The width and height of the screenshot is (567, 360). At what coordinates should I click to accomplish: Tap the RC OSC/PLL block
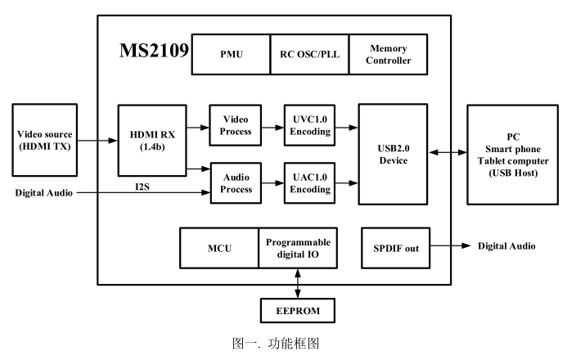click(308, 55)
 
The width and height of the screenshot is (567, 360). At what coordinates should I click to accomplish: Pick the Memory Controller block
click(389, 55)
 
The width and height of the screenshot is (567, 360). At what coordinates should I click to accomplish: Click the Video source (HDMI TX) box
click(47, 140)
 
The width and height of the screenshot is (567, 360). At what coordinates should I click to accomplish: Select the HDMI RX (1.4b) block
click(151, 139)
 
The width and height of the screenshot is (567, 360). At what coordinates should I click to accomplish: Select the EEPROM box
click(299, 310)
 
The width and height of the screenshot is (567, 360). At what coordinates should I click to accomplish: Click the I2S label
click(142, 187)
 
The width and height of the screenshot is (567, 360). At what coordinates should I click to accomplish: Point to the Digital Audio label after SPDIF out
click(507, 246)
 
